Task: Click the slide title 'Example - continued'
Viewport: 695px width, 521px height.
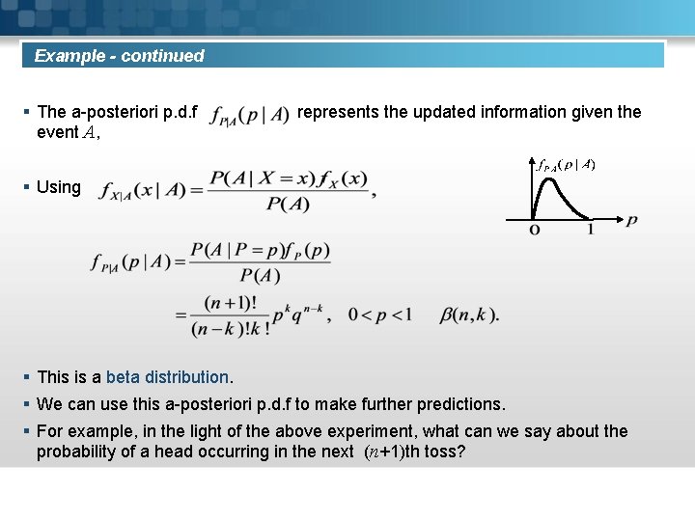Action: (x=120, y=56)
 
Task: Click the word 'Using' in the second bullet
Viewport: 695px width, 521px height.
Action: (x=58, y=187)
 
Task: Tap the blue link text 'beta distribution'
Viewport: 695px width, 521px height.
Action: (x=167, y=377)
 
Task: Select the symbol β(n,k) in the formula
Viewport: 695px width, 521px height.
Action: (x=469, y=315)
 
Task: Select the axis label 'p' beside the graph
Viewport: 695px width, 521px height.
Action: (x=631, y=221)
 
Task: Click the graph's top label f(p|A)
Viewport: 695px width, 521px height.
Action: (x=566, y=165)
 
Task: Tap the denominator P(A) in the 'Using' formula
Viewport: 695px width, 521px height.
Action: (x=287, y=203)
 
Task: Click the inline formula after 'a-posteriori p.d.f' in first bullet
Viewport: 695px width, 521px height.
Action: (x=249, y=115)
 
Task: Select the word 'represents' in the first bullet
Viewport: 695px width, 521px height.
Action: (x=338, y=112)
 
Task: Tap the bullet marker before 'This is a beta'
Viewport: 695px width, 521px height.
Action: (x=26, y=377)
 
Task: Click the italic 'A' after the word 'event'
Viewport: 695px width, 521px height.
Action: (x=90, y=133)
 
